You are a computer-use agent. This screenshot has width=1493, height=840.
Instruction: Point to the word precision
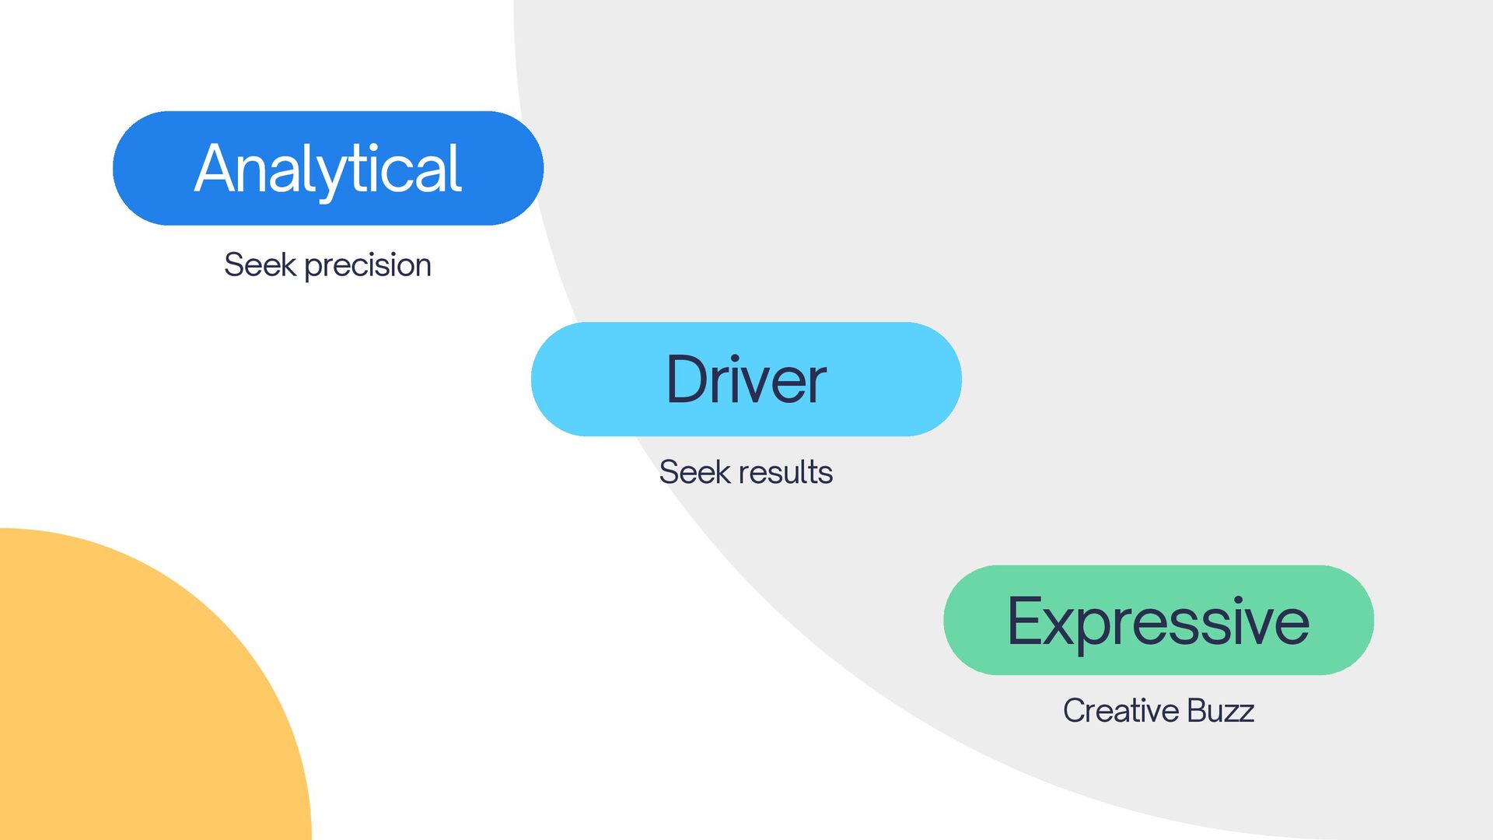pos(367,266)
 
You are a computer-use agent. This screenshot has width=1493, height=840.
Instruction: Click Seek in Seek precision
pos(260,265)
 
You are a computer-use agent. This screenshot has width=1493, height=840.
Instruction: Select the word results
pos(786,472)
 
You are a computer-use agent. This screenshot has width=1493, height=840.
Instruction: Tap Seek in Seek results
pos(694,472)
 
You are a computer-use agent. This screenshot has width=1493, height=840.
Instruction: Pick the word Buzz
pos(1221,711)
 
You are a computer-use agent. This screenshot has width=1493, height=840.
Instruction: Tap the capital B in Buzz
pos(1198,711)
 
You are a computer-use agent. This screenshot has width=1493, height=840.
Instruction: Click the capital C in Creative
pos(1075,711)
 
